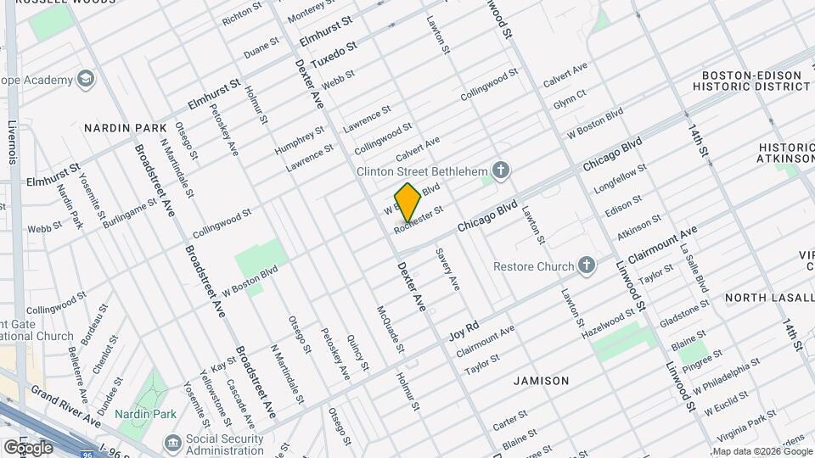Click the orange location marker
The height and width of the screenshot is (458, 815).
[408, 201]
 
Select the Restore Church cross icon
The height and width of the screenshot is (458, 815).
[586, 266]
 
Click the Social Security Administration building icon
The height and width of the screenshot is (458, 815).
[173, 442]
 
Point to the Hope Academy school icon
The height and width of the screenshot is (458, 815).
[85, 80]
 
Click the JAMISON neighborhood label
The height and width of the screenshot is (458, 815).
[542, 381]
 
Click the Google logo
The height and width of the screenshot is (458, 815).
[28, 447]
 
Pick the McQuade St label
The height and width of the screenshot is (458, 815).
[390, 329]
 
